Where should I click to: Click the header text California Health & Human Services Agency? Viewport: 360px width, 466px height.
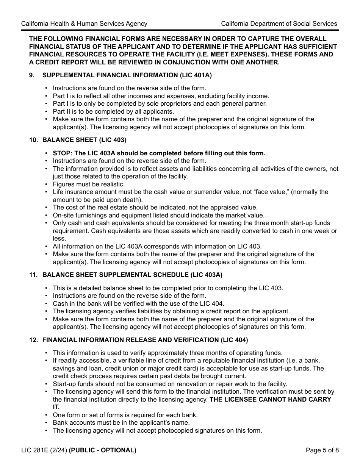coord(84,23)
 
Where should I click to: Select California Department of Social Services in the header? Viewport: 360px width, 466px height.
coord(279,23)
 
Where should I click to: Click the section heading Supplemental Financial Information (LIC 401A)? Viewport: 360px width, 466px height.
coord(127,75)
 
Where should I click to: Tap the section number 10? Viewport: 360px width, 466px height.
coord(33,140)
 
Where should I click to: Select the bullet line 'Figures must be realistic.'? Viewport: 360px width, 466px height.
coord(88,184)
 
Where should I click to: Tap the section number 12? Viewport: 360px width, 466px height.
coord(33,340)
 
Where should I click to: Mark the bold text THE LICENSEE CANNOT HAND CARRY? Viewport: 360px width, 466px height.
coord(270,399)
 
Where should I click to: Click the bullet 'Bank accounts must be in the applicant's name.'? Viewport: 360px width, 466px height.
coord(121,422)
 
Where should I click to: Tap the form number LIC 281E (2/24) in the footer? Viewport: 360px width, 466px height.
coord(44,450)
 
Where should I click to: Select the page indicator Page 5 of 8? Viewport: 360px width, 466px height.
coord(322,450)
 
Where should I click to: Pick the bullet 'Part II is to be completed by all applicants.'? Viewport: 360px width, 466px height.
coord(113,111)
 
